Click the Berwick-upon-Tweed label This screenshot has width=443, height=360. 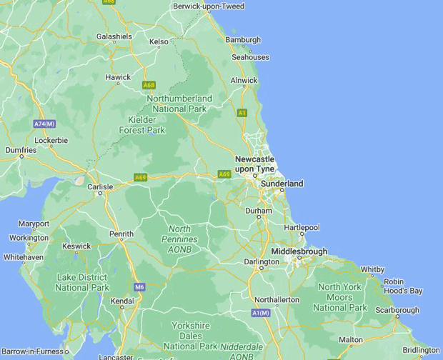point(209,6)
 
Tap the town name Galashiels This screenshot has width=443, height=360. point(114,36)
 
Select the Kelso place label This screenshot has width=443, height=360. point(159,41)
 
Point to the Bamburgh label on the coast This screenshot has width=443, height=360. point(243,40)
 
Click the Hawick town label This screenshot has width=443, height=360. point(118,77)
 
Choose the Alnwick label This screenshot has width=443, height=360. point(244,81)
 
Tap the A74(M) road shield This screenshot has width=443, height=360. point(44,124)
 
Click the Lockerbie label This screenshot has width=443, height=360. point(51,141)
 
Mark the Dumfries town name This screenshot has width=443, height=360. point(20,151)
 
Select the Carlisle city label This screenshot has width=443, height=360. point(99,187)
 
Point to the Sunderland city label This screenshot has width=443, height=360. point(282,184)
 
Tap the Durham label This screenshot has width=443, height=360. point(259,211)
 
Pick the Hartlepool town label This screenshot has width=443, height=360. point(301,228)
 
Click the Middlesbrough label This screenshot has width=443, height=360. point(299,251)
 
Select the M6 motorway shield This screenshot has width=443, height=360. point(139,286)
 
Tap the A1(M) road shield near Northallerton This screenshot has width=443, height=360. point(261,313)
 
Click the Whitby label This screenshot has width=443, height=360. point(372,270)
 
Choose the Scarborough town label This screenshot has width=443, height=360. point(398,310)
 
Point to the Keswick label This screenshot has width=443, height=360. point(76,246)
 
